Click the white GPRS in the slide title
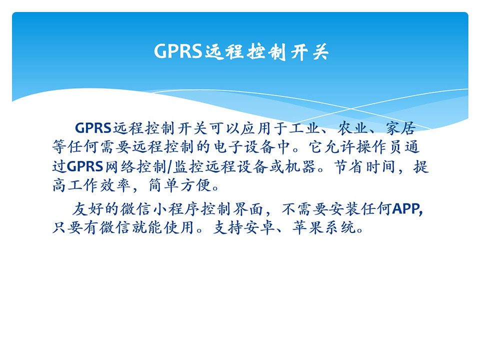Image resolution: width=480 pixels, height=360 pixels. coord(178,51)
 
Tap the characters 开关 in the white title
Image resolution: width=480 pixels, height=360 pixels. coord(309,51)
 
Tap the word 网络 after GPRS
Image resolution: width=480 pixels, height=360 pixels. coord(120,166)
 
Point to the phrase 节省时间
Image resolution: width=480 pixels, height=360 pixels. coord(364,166)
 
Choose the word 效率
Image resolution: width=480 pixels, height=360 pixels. coord(115,185)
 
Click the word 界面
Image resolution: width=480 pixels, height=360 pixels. coord(248,209)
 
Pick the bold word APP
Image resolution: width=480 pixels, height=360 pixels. coord(406,209)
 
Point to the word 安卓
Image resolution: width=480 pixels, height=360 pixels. coord(259,228)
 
